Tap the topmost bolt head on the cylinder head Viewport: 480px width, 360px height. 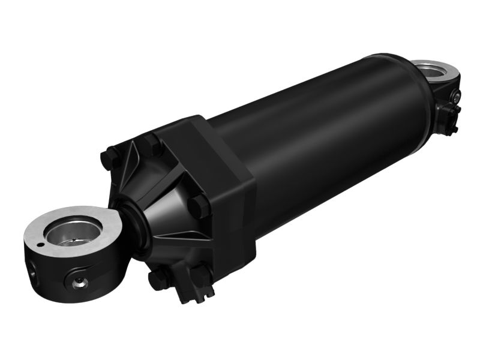[150, 143]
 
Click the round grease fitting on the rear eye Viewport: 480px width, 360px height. [458, 96]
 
